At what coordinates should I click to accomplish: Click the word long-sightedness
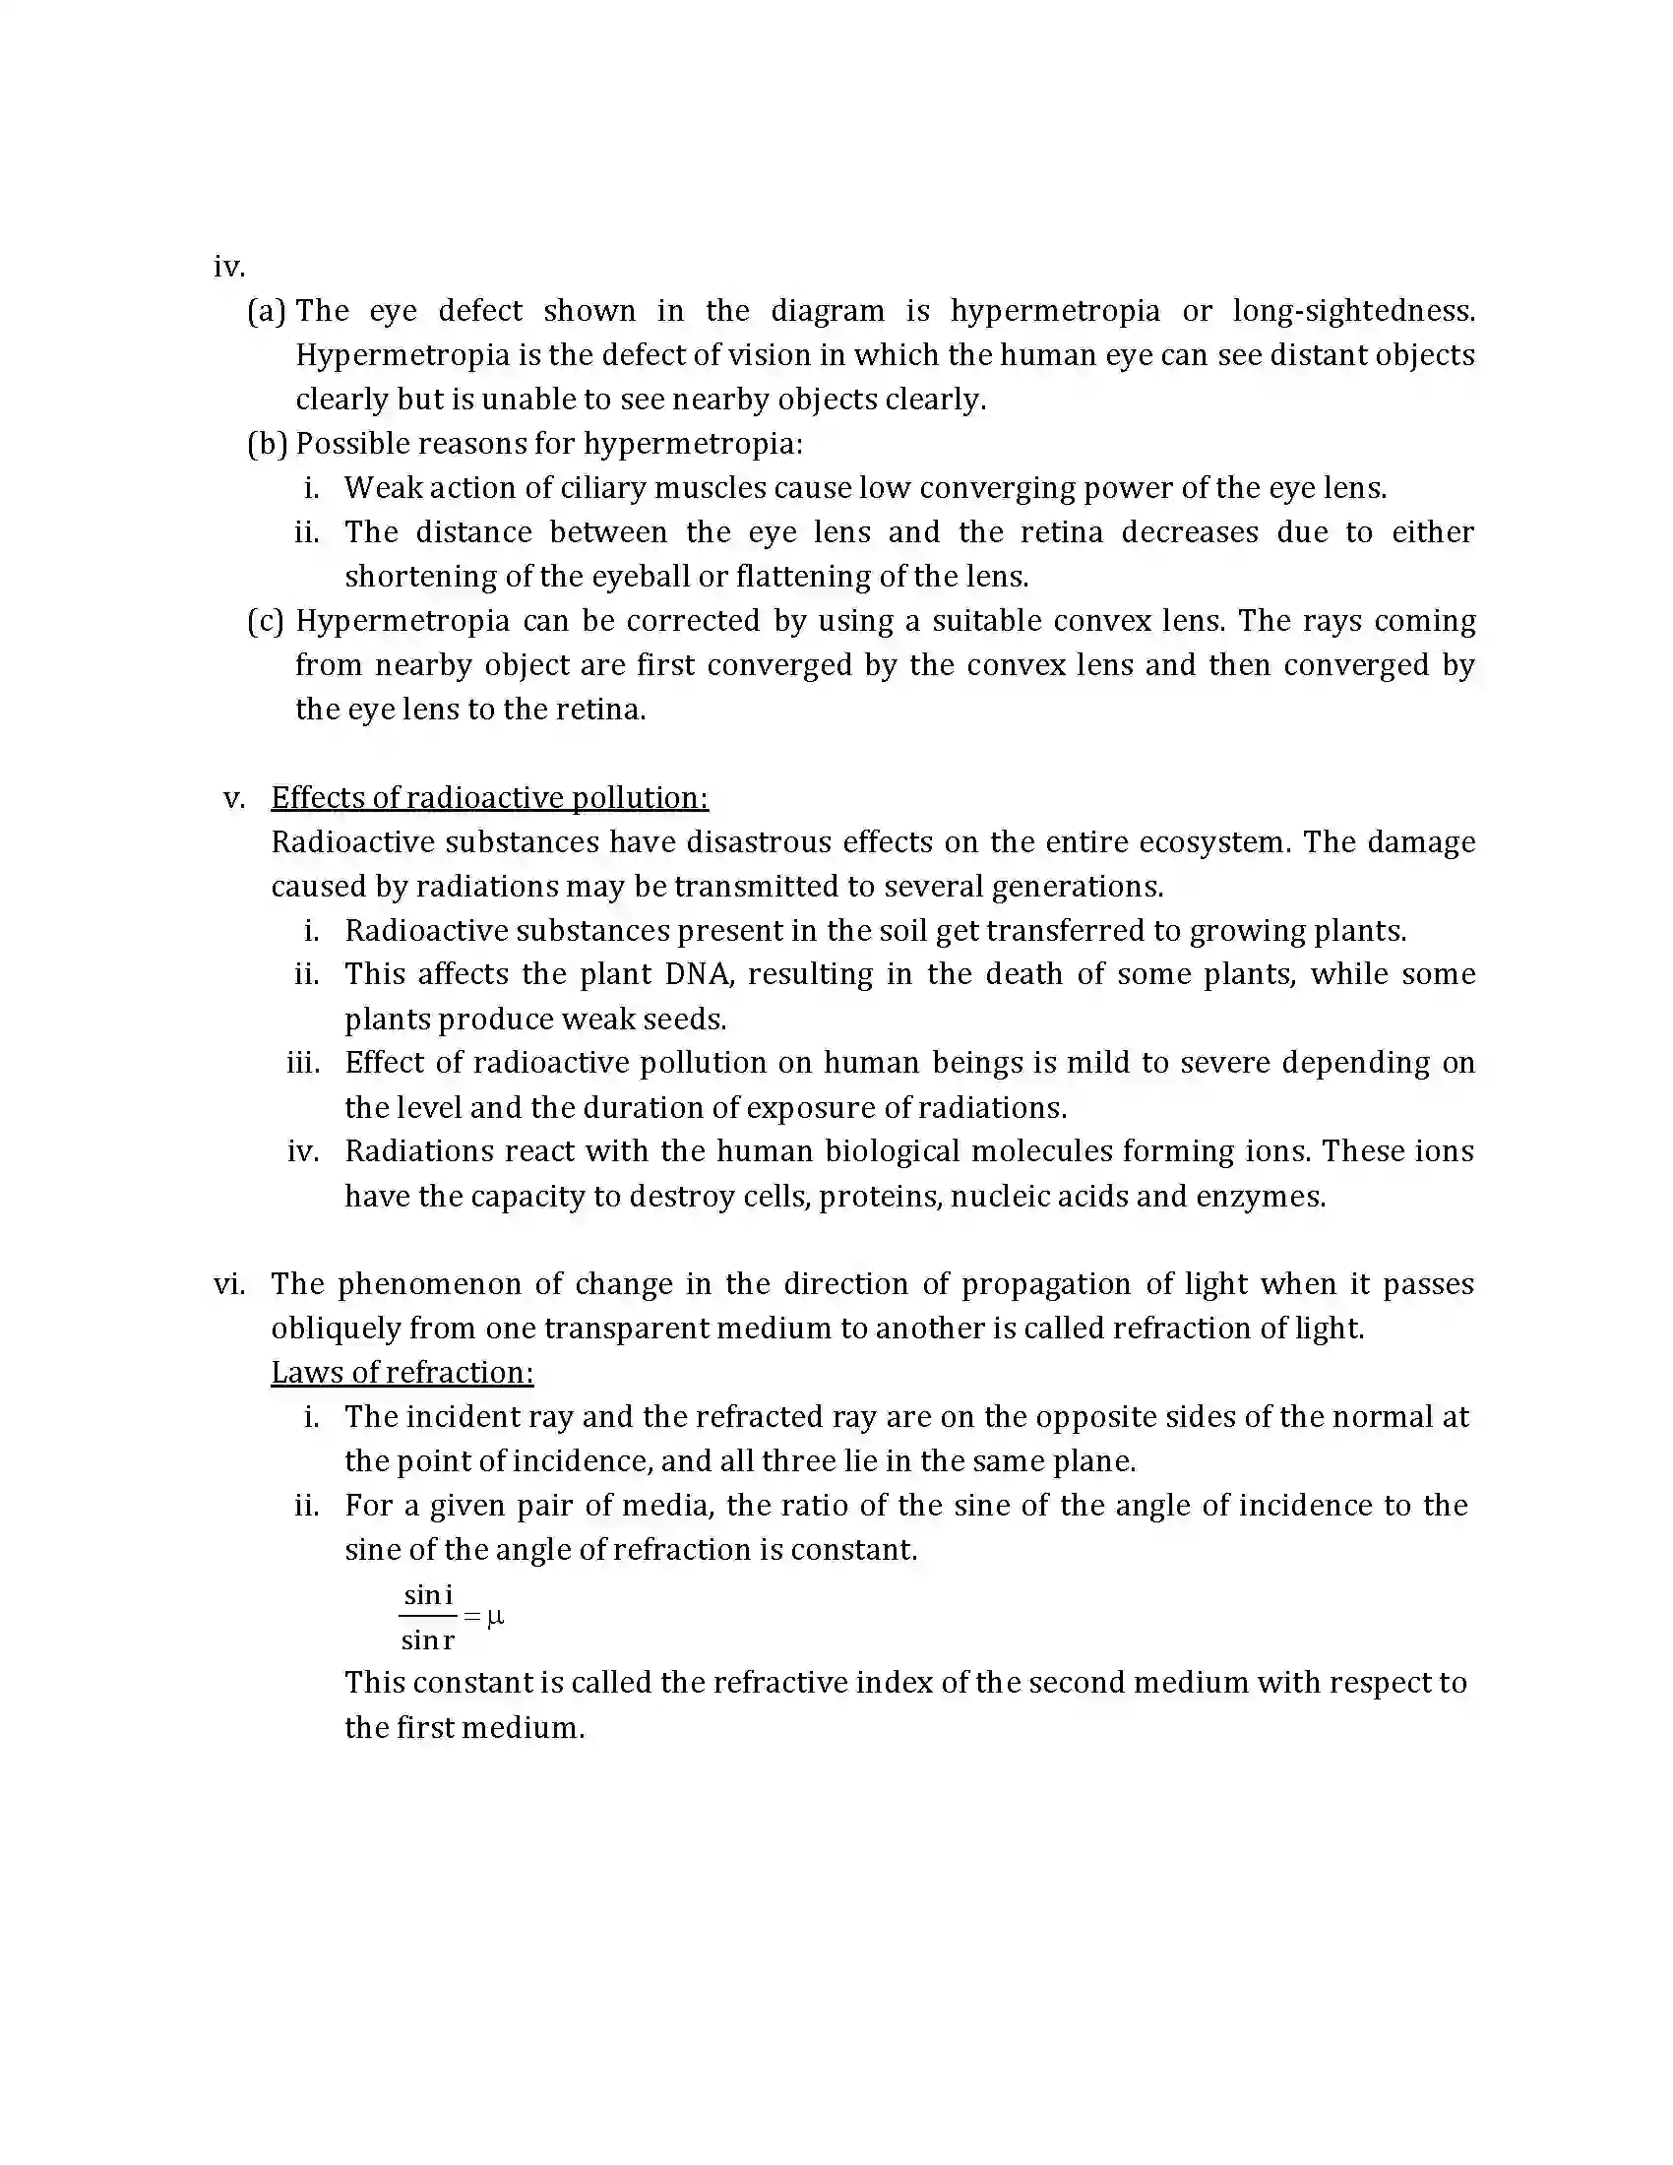tap(1354, 311)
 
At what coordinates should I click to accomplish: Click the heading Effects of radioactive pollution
tap(490, 798)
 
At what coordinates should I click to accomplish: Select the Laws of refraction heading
tap(403, 1373)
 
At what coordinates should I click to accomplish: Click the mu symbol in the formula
tap(496, 1617)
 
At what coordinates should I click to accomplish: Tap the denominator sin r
tap(428, 1640)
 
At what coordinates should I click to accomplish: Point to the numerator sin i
tap(428, 1595)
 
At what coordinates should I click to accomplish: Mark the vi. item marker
tap(229, 1284)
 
